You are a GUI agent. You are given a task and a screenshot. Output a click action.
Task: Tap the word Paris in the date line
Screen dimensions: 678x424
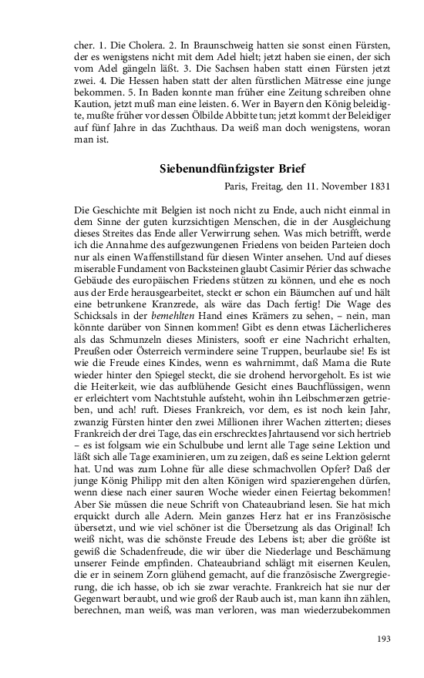pyautogui.click(x=237, y=186)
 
